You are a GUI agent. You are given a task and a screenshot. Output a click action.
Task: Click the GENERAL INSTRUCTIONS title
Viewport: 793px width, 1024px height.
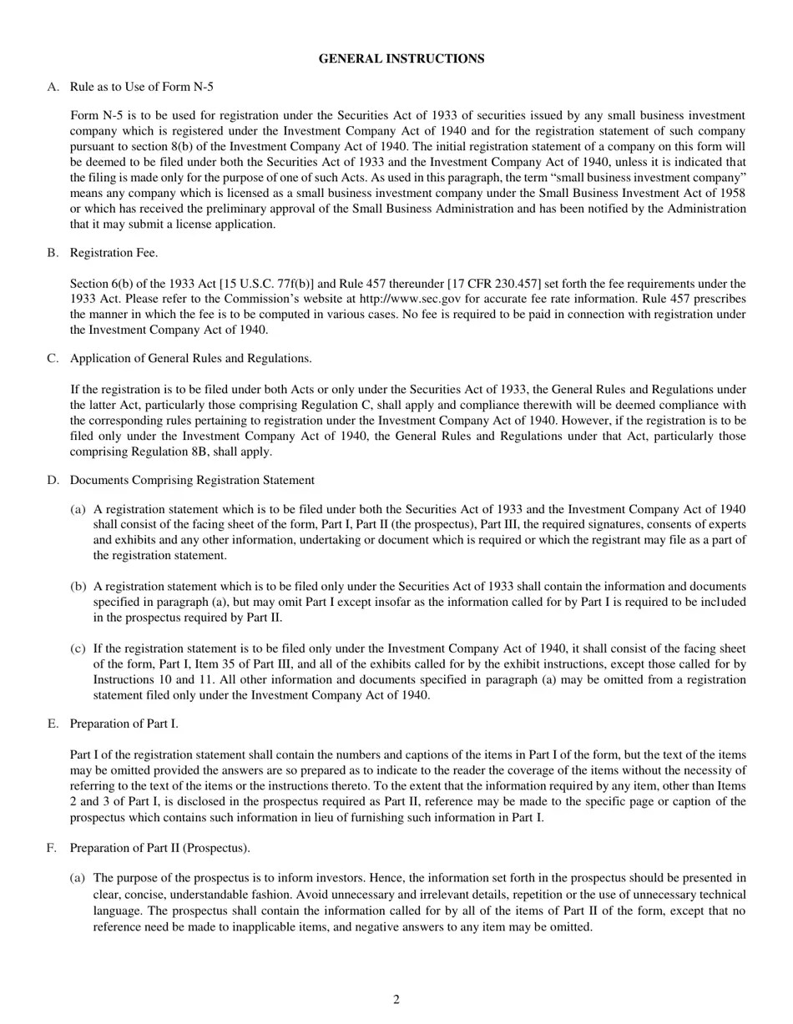pos(402,58)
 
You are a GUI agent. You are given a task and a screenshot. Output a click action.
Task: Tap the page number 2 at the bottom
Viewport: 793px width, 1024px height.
pos(396,1000)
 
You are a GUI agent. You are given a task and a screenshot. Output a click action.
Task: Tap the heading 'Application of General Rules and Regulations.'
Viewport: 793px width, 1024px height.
pos(190,358)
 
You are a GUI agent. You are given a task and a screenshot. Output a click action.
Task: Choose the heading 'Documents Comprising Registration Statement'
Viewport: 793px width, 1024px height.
pos(192,480)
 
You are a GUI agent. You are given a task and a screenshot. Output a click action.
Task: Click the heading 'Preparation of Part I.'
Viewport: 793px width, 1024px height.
pos(124,724)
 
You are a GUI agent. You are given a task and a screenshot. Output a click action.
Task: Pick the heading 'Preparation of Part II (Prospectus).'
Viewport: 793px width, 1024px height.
pos(159,848)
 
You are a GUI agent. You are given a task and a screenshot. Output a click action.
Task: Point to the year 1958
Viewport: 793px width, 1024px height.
pos(732,193)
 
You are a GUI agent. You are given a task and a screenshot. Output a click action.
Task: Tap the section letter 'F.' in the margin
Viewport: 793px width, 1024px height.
pos(53,848)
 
